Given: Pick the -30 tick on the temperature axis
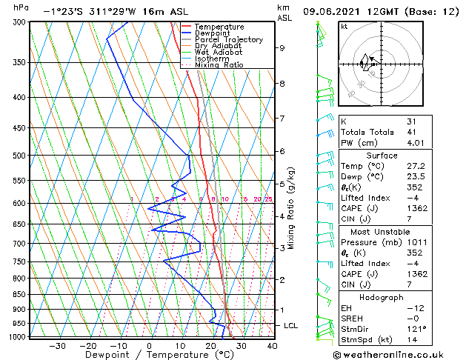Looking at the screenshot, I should [57, 346].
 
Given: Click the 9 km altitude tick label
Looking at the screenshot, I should [282, 48].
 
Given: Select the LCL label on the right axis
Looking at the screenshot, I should [292, 326].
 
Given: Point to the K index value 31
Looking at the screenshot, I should [412, 121].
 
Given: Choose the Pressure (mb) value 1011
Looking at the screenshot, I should [416, 242].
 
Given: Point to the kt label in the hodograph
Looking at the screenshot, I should [344, 27].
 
